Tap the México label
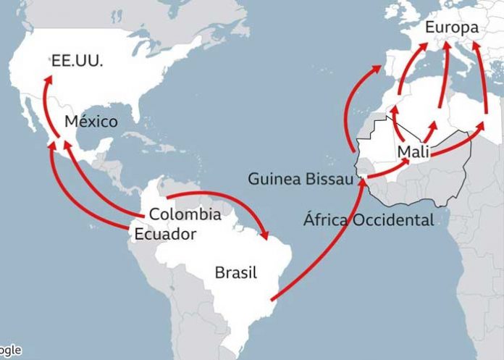(91, 122)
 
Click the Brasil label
(236, 273)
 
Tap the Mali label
(414, 152)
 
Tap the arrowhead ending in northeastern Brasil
(268, 238)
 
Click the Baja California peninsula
(31, 117)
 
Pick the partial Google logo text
(9, 350)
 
